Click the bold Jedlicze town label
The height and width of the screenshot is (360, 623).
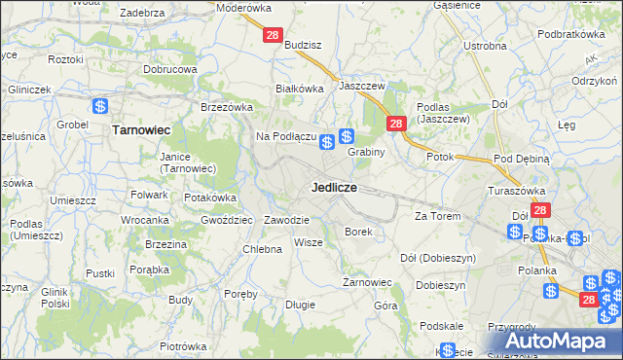click(x=334, y=186)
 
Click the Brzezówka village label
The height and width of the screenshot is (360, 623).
click(x=226, y=107)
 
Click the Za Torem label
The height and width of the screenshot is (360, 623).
click(x=437, y=215)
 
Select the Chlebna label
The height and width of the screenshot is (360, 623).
click(x=262, y=249)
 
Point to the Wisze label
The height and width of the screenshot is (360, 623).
click(x=308, y=242)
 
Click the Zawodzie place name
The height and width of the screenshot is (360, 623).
click(x=286, y=220)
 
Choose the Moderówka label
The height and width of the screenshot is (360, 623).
click(x=244, y=7)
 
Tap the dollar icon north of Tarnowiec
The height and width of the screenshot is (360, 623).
click(x=100, y=106)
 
